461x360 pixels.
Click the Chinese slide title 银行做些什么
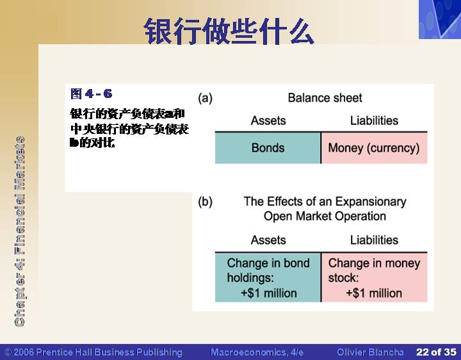pyautogui.click(x=229, y=31)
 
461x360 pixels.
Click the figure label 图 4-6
pyautogui.click(x=91, y=94)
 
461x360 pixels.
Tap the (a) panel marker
pyautogui.click(x=205, y=98)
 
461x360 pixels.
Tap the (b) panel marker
pyautogui.click(x=205, y=202)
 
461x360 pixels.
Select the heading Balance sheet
pyautogui.click(x=325, y=98)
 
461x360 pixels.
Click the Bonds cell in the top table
pyautogui.click(x=268, y=147)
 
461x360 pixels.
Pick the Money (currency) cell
pyautogui.click(x=374, y=147)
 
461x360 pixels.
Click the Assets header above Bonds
pyautogui.click(x=268, y=120)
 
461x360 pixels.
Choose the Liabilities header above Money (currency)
pyautogui.click(x=374, y=120)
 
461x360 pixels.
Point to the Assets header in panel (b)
pyautogui.click(x=268, y=240)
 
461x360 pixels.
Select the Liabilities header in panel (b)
pyautogui.click(x=374, y=240)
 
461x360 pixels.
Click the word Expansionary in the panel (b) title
pyautogui.click(x=371, y=202)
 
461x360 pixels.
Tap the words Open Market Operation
pyautogui.click(x=325, y=216)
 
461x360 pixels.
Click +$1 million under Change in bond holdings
pyautogui.click(x=269, y=293)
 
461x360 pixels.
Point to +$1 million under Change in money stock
pyautogui.click(x=374, y=293)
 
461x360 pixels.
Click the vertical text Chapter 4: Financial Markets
pyautogui.click(x=20, y=231)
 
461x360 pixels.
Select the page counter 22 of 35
pyautogui.click(x=436, y=352)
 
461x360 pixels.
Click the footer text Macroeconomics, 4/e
pyautogui.click(x=257, y=352)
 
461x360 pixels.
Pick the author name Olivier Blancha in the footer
pyautogui.click(x=370, y=352)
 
